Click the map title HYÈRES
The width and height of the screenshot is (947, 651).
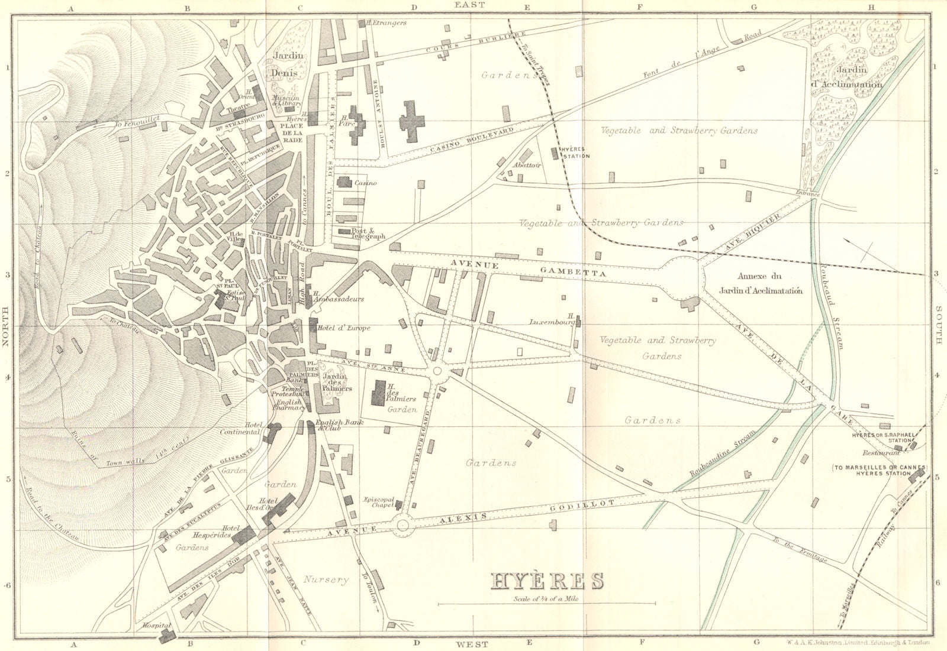pyautogui.click(x=546, y=581)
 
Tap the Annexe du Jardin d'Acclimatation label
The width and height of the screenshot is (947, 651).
pyautogui.click(x=769, y=283)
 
